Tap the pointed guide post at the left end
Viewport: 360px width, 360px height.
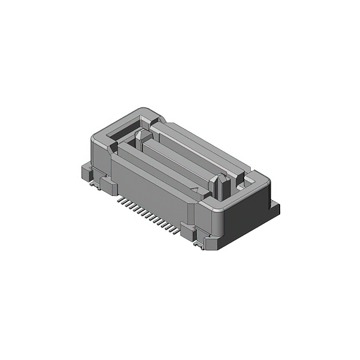pos(141,138)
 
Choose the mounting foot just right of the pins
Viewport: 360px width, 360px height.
pos(188,230)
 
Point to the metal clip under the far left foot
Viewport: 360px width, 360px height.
pos(90,183)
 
